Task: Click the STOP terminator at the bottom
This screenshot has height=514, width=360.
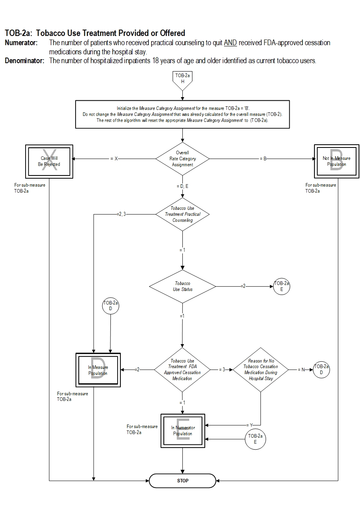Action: pyautogui.click(x=182, y=480)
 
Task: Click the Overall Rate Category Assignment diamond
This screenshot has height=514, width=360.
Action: pyautogui.click(x=182, y=159)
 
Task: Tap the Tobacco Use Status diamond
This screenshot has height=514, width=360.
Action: pyautogui.click(x=182, y=286)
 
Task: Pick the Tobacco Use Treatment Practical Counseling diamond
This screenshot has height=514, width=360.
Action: pyautogui.click(x=182, y=214)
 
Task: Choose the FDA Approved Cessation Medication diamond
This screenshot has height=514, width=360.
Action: pyautogui.click(x=182, y=369)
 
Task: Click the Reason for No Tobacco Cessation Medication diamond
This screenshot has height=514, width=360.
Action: pyautogui.click(x=260, y=369)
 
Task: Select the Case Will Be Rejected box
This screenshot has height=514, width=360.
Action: pyautogui.click(x=49, y=161)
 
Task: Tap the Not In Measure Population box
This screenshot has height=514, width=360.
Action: pyautogui.click(x=336, y=161)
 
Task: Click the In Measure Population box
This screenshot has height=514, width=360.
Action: pyautogui.click(x=98, y=370)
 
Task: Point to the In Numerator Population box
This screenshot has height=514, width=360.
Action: pyautogui.click(x=183, y=431)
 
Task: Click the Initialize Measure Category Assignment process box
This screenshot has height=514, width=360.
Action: pyautogui.click(x=182, y=114)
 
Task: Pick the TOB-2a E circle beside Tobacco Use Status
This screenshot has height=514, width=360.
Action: pyautogui.click(x=282, y=286)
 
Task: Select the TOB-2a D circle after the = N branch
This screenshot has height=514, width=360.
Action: pyautogui.click(x=322, y=369)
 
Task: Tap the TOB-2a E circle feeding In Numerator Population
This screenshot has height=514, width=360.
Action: pyautogui.click(x=255, y=439)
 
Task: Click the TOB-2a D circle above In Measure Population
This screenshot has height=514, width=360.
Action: pyautogui.click(x=110, y=306)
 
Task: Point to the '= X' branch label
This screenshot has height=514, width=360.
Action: pyautogui.click(x=114, y=159)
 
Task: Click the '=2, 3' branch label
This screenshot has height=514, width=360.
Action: pyautogui.click(x=121, y=214)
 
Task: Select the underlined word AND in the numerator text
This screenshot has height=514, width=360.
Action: pyautogui.click(x=230, y=43)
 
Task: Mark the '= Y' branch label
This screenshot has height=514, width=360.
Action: pyautogui.click(x=250, y=425)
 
